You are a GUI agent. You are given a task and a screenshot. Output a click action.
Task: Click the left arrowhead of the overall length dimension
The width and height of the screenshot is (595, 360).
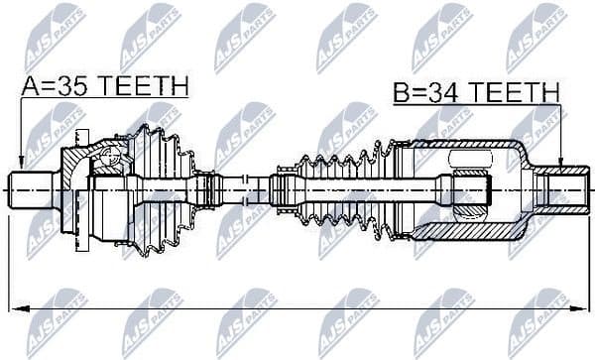[12, 309]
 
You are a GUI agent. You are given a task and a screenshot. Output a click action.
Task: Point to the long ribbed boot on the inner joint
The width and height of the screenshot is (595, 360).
[337, 188]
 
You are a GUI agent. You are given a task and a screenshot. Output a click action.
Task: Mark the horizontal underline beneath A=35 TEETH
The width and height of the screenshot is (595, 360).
[104, 98]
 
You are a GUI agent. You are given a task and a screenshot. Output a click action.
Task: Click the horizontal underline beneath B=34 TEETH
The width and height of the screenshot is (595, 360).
[476, 105]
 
